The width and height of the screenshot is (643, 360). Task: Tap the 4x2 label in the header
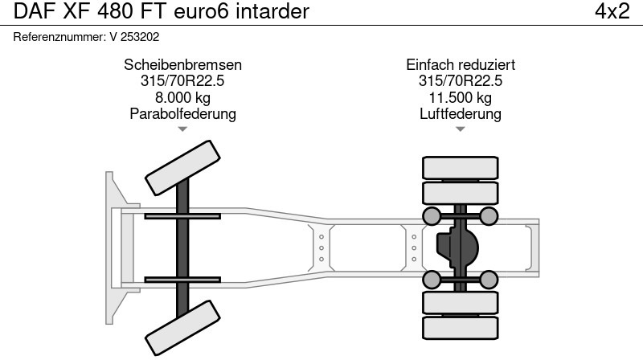click(x=612, y=12)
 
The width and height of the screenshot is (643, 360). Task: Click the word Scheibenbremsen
click(x=182, y=65)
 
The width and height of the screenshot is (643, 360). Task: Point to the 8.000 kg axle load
click(x=182, y=97)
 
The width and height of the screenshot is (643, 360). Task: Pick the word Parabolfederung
click(x=182, y=113)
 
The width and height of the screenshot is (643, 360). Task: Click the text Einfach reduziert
click(x=461, y=65)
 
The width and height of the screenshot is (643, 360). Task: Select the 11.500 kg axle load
click(x=461, y=97)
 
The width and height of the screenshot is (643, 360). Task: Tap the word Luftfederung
click(x=461, y=113)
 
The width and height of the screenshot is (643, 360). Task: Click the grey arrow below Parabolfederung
click(x=182, y=129)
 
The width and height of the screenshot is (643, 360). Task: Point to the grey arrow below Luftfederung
click(x=461, y=129)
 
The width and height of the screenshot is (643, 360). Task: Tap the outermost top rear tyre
click(x=461, y=167)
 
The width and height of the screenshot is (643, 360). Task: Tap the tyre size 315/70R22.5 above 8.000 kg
click(x=182, y=81)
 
